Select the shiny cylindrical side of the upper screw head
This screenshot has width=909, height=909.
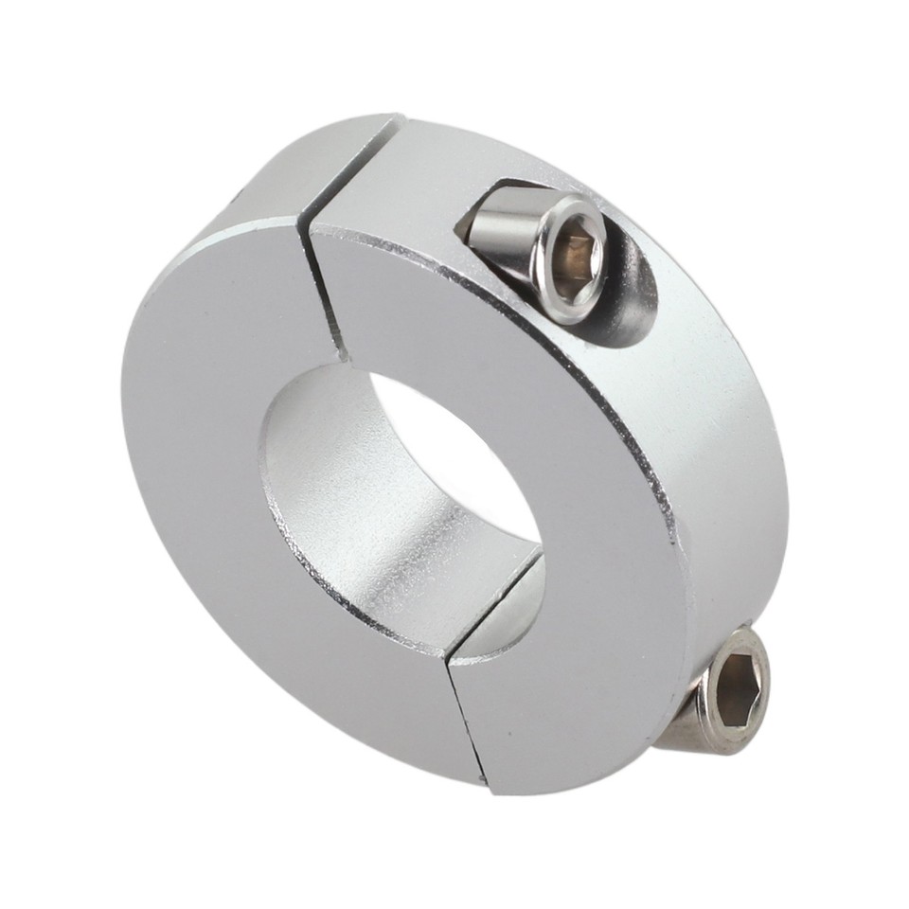coord(502,237)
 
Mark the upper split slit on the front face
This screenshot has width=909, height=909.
coord(322,284)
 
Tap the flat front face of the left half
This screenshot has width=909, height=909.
coord(218,473)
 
